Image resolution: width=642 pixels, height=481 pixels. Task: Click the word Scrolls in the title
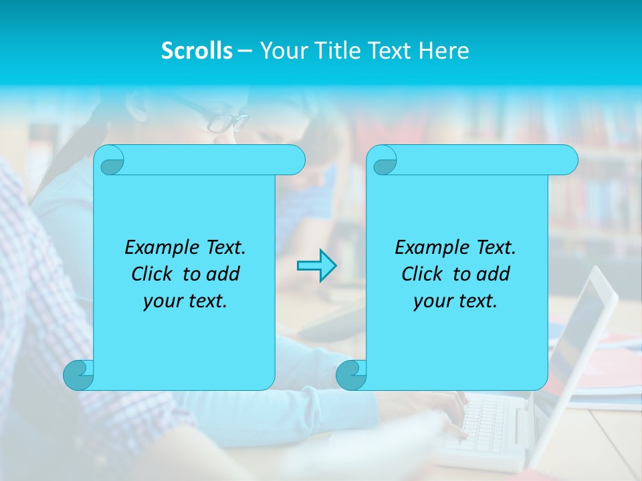(197, 51)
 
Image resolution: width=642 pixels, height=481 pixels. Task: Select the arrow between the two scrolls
(316, 266)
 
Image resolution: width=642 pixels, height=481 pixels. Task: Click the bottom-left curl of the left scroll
(79, 375)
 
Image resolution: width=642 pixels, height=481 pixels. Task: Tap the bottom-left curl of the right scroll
(351, 375)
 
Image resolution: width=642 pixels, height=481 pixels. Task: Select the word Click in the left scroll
(152, 274)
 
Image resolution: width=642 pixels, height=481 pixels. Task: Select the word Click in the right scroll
(422, 274)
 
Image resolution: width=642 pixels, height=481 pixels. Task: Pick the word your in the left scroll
(163, 301)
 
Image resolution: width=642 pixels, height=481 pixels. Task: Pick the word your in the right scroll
(433, 301)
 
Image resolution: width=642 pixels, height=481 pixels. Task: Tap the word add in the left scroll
(224, 274)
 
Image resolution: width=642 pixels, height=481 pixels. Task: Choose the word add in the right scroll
(494, 274)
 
